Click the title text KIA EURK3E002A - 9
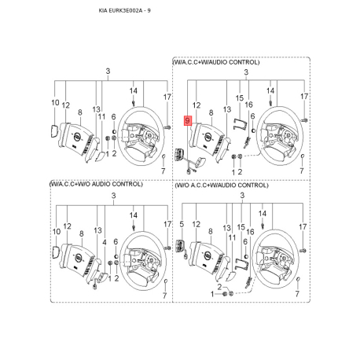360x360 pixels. [x=125, y=11]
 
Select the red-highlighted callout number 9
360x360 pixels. [x=188, y=120]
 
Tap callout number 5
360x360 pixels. [x=182, y=224]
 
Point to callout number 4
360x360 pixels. [x=105, y=243]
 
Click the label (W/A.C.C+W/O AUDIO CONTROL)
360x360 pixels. [x=96, y=184]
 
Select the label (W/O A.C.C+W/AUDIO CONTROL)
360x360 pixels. [x=222, y=186]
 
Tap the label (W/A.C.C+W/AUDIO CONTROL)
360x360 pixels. [x=216, y=62]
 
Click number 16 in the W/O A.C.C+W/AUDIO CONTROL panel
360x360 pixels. [x=250, y=232]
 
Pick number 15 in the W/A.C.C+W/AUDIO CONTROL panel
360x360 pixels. [x=240, y=98]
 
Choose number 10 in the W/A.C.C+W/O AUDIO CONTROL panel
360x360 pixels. [x=57, y=232]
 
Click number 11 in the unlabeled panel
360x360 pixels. [x=101, y=117]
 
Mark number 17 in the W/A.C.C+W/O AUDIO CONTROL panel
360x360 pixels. [x=167, y=224]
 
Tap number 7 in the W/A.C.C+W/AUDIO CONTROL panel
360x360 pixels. [x=302, y=171]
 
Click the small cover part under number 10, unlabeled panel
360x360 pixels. [x=53, y=130]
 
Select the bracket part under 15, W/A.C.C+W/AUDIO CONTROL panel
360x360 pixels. [x=240, y=123]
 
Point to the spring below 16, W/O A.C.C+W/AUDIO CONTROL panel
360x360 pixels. [x=248, y=283]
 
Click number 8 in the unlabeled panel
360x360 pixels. [x=80, y=112]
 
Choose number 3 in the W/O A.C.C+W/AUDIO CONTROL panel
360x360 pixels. [x=242, y=195]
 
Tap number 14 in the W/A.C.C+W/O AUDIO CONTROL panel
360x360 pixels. [x=134, y=215]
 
